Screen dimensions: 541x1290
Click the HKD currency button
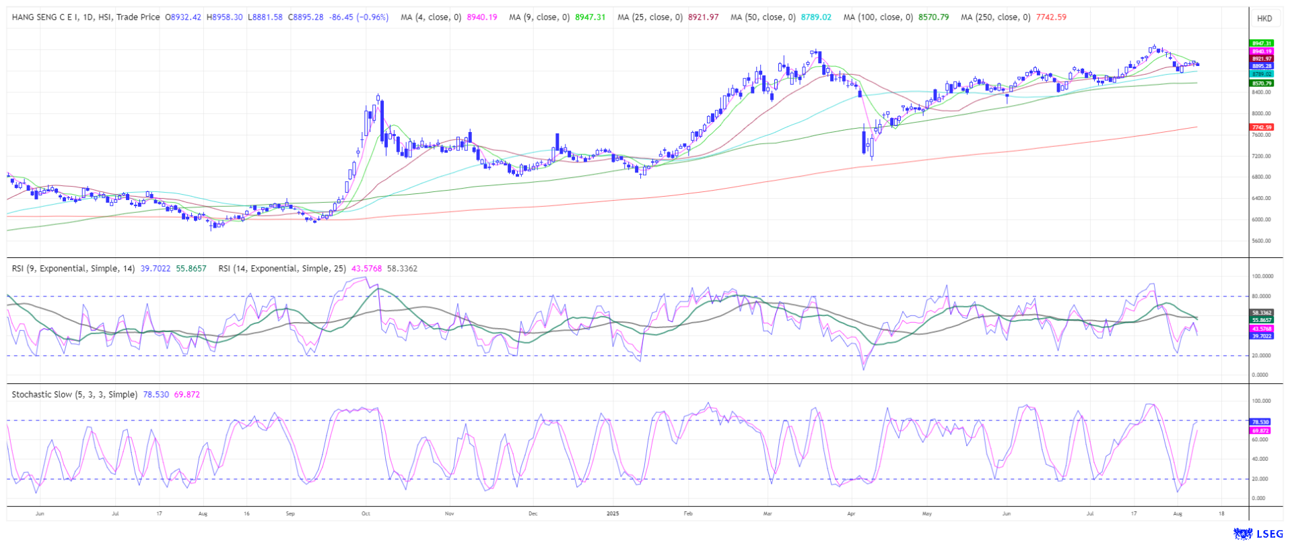1264,18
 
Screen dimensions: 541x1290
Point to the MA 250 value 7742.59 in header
1051,18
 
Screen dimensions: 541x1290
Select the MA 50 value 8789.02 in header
816,18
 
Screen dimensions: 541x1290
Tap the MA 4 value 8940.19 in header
482,18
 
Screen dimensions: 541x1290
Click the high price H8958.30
225,18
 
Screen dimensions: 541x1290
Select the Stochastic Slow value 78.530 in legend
156,395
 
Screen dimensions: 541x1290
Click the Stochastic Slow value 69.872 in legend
186,395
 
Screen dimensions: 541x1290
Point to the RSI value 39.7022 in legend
156,269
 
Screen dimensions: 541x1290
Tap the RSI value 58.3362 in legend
402,269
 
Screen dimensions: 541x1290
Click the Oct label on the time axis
366,514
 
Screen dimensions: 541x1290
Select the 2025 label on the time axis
613,514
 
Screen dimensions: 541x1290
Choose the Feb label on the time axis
688,514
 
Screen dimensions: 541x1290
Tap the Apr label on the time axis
851,514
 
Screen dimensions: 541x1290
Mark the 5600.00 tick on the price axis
1261,241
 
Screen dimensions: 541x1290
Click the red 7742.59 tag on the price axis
1261,127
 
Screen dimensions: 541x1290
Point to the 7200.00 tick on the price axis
1261,156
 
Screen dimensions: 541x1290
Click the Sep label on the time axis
290,514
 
